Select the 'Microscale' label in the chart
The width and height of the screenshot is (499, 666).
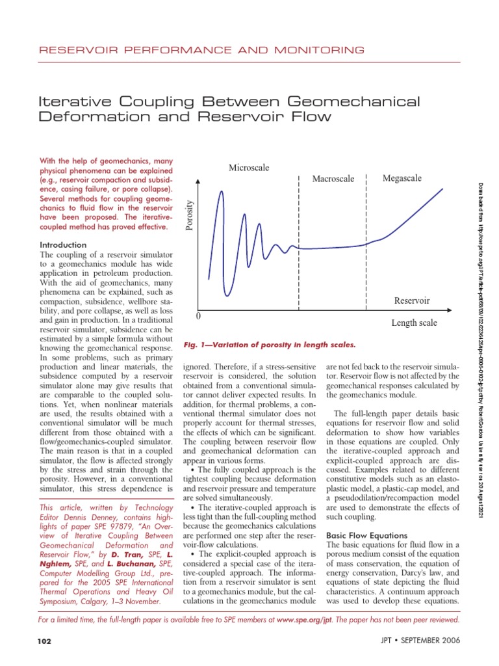coord(249,168)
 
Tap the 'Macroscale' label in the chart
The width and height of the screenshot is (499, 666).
coord(333,179)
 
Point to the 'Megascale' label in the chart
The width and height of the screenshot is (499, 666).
coord(402,178)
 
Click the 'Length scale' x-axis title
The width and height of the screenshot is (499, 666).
coord(414,323)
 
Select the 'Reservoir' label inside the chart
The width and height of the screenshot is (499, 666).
coord(412,300)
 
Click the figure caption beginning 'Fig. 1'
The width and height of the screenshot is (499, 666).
coord(269,344)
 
